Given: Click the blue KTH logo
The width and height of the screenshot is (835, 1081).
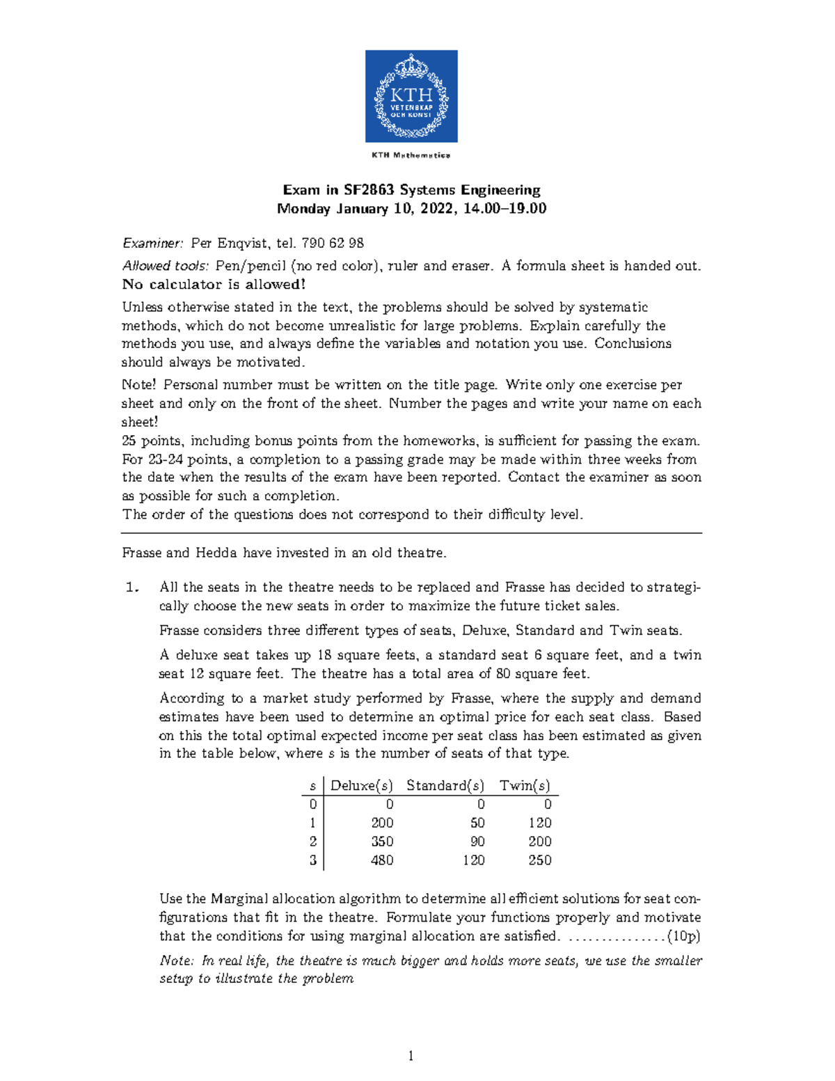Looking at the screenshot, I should [x=411, y=96].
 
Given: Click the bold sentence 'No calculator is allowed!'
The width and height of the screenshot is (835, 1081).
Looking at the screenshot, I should [x=214, y=284].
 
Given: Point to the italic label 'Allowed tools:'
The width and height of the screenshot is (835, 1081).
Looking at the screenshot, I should [x=166, y=266].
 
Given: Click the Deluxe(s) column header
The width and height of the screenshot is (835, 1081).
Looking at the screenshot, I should [x=361, y=786].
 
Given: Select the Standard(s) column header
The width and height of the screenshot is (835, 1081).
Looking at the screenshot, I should [x=445, y=786].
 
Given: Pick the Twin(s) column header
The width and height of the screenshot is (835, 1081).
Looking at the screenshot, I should [x=525, y=786].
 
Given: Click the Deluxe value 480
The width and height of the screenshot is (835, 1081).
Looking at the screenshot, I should [x=382, y=860].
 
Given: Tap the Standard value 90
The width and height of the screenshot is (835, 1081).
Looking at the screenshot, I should [x=477, y=842].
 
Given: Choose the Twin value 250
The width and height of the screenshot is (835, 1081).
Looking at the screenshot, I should [x=539, y=860].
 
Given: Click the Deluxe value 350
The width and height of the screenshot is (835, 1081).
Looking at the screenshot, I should [x=382, y=842].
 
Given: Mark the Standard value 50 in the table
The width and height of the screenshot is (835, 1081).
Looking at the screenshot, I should [x=477, y=823].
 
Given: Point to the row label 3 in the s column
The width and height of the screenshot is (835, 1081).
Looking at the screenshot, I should [x=312, y=860].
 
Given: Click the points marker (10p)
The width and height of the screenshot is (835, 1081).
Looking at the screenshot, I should [x=683, y=936].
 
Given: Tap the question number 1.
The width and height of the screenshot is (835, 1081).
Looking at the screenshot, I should [x=132, y=587].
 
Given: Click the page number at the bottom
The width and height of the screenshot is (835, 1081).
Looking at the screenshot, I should [x=411, y=1057].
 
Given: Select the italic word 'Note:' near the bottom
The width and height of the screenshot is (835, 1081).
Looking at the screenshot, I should [x=177, y=961].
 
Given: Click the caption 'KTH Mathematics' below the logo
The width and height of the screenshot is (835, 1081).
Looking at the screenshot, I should [x=411, y=155].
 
